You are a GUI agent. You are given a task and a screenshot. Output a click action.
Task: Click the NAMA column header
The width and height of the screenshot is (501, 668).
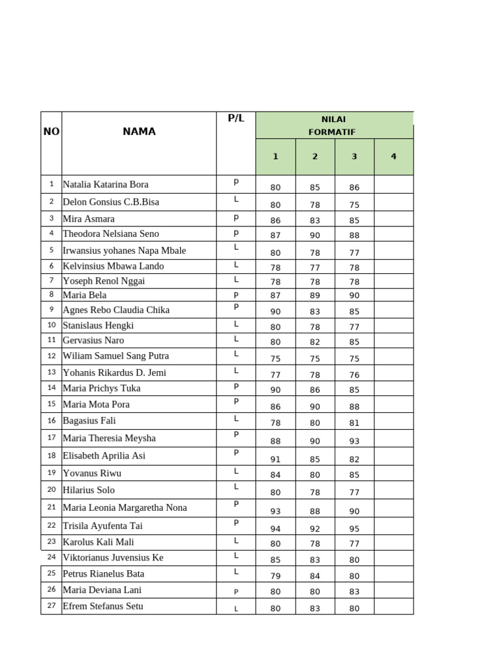click(139, 131)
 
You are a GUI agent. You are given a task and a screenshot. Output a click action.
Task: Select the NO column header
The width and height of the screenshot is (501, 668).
click(52, 131)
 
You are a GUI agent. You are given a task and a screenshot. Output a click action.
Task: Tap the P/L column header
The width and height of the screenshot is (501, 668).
click(236, 118)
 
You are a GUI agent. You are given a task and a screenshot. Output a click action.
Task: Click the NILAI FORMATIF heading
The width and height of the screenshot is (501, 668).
click(334, 125)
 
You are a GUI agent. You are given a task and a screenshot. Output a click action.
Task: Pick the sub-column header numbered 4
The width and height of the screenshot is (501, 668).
click(393, 157)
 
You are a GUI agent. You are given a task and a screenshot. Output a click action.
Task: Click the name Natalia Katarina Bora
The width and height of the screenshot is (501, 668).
click(106, 185)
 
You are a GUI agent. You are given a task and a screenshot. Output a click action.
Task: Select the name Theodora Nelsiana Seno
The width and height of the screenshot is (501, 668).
click(111, 234)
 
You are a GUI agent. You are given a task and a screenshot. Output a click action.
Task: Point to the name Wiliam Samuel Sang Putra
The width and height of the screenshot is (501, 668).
click(115, 356)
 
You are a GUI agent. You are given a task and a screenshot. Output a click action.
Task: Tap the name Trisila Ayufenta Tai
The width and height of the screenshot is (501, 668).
click(102, 526)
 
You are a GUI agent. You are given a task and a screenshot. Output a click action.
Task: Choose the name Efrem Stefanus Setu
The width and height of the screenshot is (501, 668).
click(103, 606)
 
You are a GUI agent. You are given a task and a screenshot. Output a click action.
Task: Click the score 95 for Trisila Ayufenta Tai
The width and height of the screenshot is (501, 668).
click(354, 529)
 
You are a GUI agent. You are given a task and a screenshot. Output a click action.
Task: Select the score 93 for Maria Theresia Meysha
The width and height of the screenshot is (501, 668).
click(354, 441)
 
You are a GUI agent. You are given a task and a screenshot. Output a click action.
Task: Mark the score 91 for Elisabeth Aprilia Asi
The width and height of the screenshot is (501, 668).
click(275, 459)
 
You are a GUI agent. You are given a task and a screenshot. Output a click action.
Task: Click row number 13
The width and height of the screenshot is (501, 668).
click(52, 372)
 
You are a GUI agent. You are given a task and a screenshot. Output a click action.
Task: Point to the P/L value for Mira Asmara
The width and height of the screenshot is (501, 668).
click(236, 217)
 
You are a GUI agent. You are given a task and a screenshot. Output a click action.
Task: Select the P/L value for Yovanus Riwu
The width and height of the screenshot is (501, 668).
click(236, 471)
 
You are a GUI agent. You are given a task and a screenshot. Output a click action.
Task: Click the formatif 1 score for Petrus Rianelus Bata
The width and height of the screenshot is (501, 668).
click(275, 576)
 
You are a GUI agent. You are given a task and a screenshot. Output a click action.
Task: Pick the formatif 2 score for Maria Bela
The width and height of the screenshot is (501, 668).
click(315, 296)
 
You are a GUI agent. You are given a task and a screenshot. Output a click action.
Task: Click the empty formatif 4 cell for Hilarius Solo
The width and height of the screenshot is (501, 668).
click(393, 491)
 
